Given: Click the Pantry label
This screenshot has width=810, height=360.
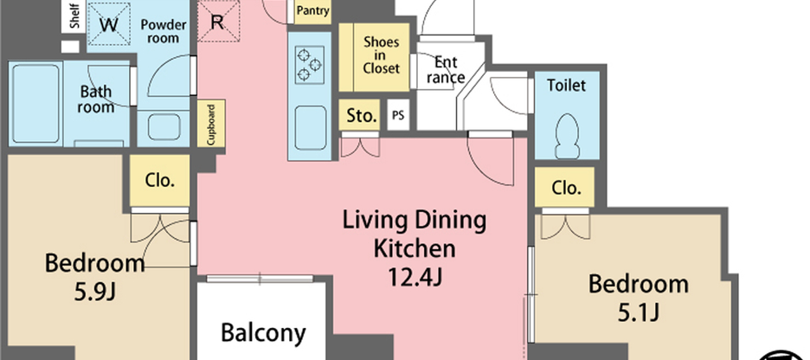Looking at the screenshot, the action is [312, 11].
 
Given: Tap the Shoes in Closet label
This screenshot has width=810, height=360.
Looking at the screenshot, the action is [382, 55].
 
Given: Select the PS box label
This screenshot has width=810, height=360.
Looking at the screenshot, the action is [398, 115].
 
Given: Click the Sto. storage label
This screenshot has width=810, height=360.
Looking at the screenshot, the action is [362, 116].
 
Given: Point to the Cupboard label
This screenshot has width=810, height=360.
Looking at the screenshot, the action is [211, 124].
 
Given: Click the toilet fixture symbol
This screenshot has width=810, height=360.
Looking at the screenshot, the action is [567, 136].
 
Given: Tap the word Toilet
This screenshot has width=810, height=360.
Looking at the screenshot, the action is [566, 85].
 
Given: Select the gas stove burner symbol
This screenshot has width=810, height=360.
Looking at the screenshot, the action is [310, 65].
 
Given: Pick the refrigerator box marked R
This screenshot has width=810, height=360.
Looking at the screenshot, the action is [218, 21].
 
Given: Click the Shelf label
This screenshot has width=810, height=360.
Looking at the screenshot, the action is [74, 17].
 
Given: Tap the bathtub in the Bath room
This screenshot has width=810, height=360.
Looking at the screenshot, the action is [35, 103].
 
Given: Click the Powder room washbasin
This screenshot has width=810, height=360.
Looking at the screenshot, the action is [164, 126].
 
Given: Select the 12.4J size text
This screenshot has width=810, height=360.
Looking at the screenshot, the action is [415, 278].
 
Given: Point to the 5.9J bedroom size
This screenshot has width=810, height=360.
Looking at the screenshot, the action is [94, 292].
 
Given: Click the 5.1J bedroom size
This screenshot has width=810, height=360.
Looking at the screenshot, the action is [639, 312].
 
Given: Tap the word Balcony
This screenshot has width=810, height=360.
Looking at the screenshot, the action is [263, 332].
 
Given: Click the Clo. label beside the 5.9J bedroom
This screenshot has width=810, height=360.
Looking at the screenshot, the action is [159, 181].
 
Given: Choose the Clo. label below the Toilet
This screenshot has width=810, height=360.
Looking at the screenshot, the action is [566, 188].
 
